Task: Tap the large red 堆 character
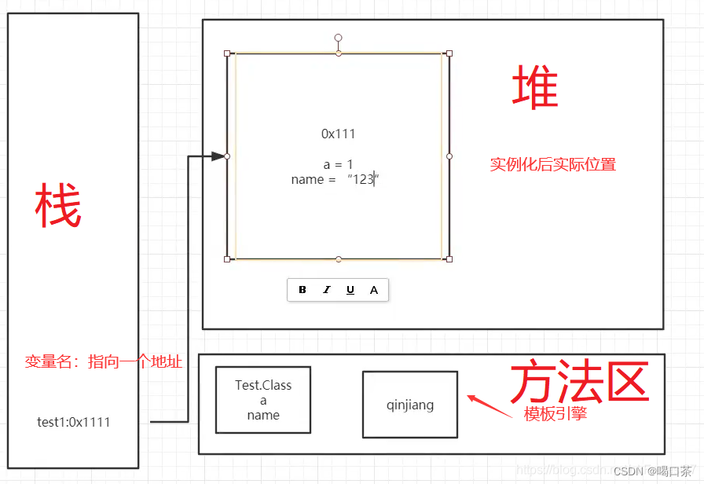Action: click(535, 87)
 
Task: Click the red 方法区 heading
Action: click(579, 383)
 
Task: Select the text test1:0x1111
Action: click(74, 422)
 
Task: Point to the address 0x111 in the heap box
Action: click(338, 134)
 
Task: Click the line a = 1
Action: click(338, 165)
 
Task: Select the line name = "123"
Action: click(335, 180)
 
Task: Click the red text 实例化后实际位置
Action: click(552, 165)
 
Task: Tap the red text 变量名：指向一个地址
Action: click(104, 361)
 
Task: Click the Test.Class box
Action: click(263, 400)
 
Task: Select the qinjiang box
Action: click(409, 405)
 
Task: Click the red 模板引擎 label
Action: click(555, 414)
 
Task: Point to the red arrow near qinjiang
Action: click(493, 406)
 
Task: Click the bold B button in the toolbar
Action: click(302, 290)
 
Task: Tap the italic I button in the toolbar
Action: click(327, 290)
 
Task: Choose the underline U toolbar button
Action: click(350, 290)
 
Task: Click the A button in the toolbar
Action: click(374, 290)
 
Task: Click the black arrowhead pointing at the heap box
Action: click(219, 156)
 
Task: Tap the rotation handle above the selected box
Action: click(338, 38)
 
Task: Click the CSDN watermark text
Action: click(652, 471)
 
